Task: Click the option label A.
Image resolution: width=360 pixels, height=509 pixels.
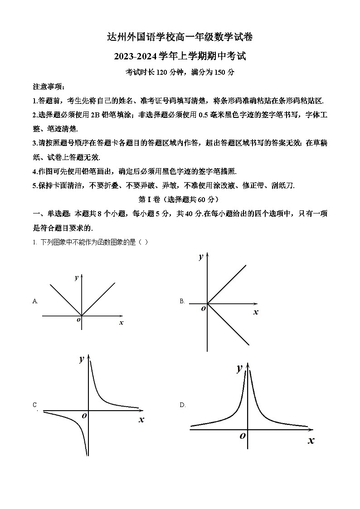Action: click(x=35, y=301)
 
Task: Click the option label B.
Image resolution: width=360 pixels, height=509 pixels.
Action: click(x=182, y=301)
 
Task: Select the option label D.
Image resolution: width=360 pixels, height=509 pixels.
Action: click(x=182, y=405)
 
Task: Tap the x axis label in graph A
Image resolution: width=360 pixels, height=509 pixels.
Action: click(x=121, y=322)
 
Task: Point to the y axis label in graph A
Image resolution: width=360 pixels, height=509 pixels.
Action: click(x=76, y=277)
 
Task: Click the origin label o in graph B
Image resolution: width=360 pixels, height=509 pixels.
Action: click(x=203, y=308)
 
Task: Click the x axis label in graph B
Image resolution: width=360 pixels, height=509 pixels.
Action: click(x=256, y=312)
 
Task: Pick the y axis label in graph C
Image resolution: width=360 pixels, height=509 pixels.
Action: click(x=82, y=359)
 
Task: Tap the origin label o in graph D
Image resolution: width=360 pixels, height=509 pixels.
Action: click(x=243, y=435)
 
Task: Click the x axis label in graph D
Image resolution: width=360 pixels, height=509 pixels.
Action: click(x=311, y=440)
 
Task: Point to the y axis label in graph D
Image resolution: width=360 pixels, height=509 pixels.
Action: click(x=239, y=368)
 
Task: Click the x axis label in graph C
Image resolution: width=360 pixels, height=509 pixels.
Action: click(x=141, y=420)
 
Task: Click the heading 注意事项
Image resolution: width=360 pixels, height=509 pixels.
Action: click(x=49, y=87)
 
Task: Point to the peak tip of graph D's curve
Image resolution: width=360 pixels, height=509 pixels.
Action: click(x=248, y=368)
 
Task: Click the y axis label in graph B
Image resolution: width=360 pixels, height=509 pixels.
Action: click(x=201, y=257)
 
